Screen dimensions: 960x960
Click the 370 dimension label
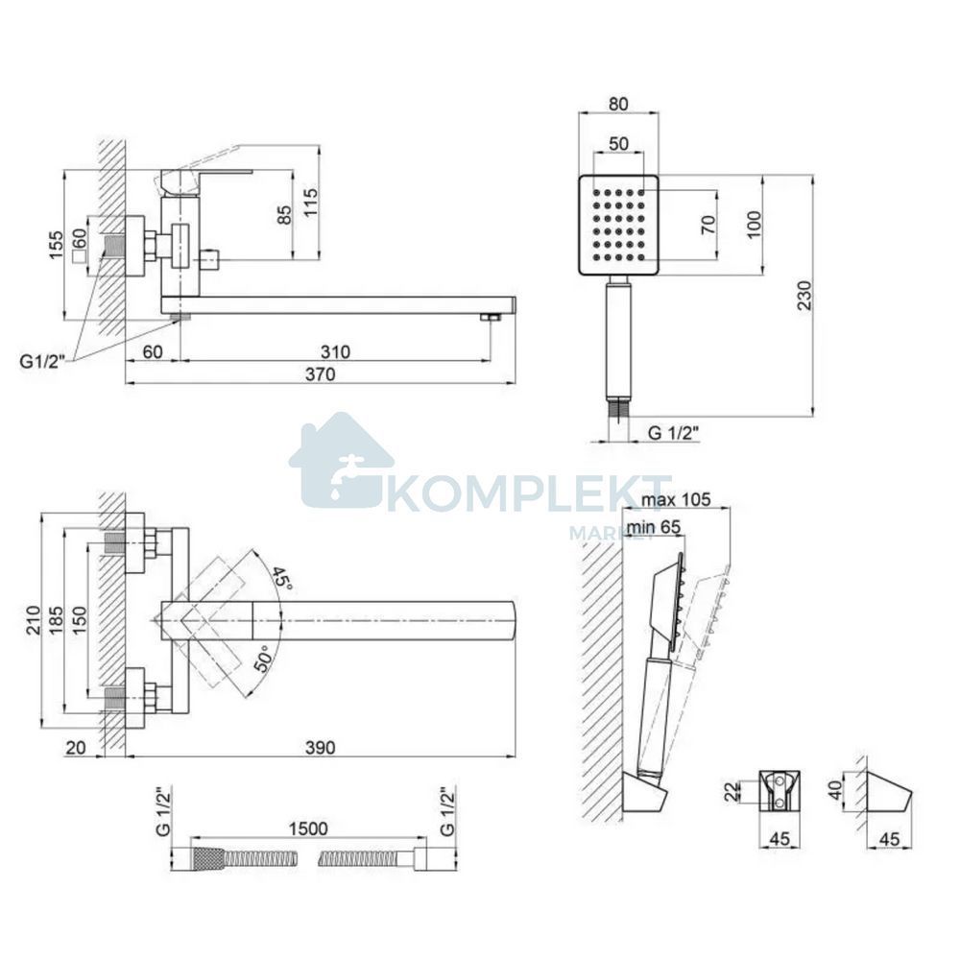click(x=321, y=373)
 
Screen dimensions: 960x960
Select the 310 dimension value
click(x=335, y=351)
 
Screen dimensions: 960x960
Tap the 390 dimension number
click(x=321, y=748)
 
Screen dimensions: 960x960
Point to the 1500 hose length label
click(x=308, y=828)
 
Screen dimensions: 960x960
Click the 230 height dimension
click(x=804, y=295)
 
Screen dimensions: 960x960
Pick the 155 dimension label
click(x=56, y=245)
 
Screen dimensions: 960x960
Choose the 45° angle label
click(x=282, y=577)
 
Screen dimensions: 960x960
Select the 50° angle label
click(x=263, y=659)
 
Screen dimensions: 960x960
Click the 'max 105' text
click(x=676, y=499)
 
